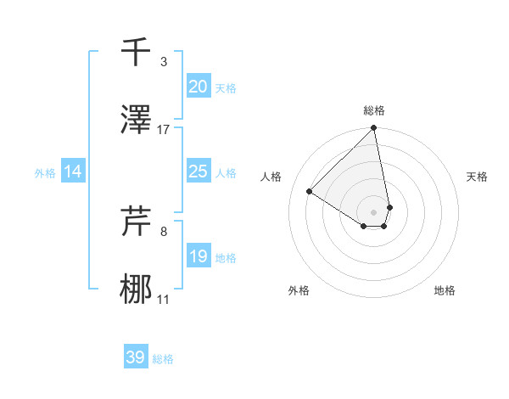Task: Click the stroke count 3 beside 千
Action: pyautogui.click(x=163, y=62)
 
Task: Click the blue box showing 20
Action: pyautogui.click(x=198, y=87)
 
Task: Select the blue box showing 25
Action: pyautogui.click(x=198, y=172)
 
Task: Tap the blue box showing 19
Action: pyautogui.click(x=198, y=256)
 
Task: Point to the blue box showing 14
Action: pyautogui.click(x=73, y=172)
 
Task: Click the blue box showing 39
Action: pyautogui.click(x=135, y=358)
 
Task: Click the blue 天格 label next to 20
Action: pyautogui.click(x=225, y=88)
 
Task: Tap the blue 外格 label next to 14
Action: pyautogui.click(x=45, y=173)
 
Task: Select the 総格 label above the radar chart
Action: pyautogui.click(x=374, y=110)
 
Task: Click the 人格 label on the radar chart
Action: pyautogui.click(x=271, y=177)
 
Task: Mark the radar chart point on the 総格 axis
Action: pyautogui.click(x=373, y=129)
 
